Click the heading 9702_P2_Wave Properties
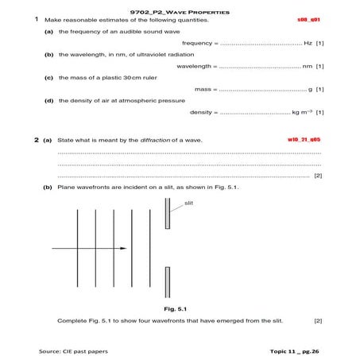pos(180,12)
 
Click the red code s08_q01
pos(308,19)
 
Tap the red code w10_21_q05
pos(304,139)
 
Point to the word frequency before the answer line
pos(199,43)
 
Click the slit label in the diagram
pos(188,203)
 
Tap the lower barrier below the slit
pos(167,280)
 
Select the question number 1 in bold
pos(37,19)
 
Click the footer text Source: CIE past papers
pos(73,350)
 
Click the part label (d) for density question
pos(49,101)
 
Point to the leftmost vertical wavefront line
pos(77,248)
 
